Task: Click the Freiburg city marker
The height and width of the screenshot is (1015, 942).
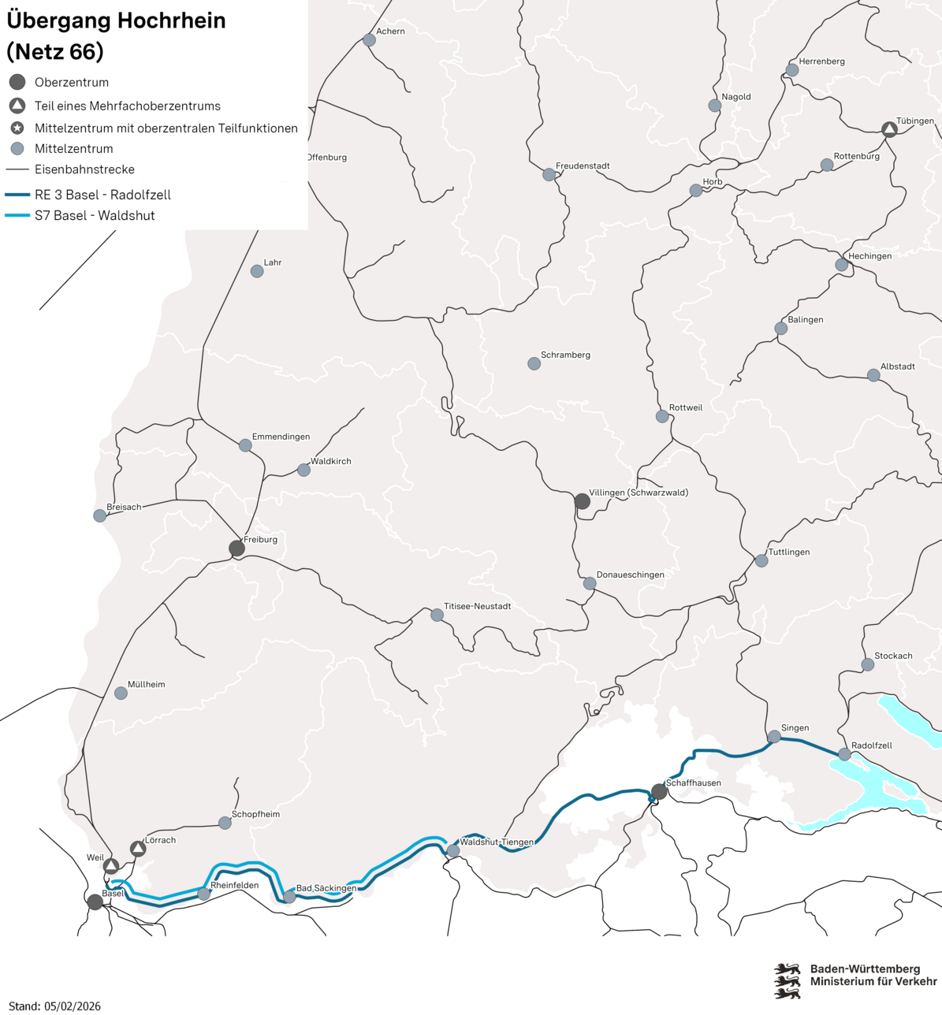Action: coord(236,548)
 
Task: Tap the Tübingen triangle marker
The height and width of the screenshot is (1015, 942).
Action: coord(889,129)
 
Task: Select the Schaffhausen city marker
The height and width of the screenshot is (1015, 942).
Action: coord(659,791)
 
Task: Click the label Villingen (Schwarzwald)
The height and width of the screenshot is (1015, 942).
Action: coord(639,493)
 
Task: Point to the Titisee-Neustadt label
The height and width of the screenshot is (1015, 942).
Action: coord(477,606)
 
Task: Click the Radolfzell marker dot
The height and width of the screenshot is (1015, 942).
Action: coord(844,754)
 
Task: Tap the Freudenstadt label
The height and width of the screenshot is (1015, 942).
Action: coord(583,165)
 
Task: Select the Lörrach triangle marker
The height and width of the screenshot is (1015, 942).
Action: coord(138,849)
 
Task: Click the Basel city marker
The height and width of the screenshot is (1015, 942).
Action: coord(95,902)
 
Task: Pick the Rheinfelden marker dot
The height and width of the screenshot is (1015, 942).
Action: coord(204,894)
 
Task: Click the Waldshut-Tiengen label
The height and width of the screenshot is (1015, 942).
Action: coord(497,842)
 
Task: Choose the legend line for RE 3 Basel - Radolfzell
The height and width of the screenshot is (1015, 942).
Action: coord(17,195)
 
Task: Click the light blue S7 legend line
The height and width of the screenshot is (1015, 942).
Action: coord(17,215)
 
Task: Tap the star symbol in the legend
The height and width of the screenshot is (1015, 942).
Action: coord(17,128)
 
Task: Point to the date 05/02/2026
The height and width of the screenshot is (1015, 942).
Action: coord(73,1006)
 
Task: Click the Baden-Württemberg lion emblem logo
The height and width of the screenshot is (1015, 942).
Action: coord(787,980)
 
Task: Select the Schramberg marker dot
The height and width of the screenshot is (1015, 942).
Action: coord(534,363)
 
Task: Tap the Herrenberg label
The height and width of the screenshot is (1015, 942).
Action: coord(821,61)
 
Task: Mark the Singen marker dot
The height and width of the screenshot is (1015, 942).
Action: coord(774,736)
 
